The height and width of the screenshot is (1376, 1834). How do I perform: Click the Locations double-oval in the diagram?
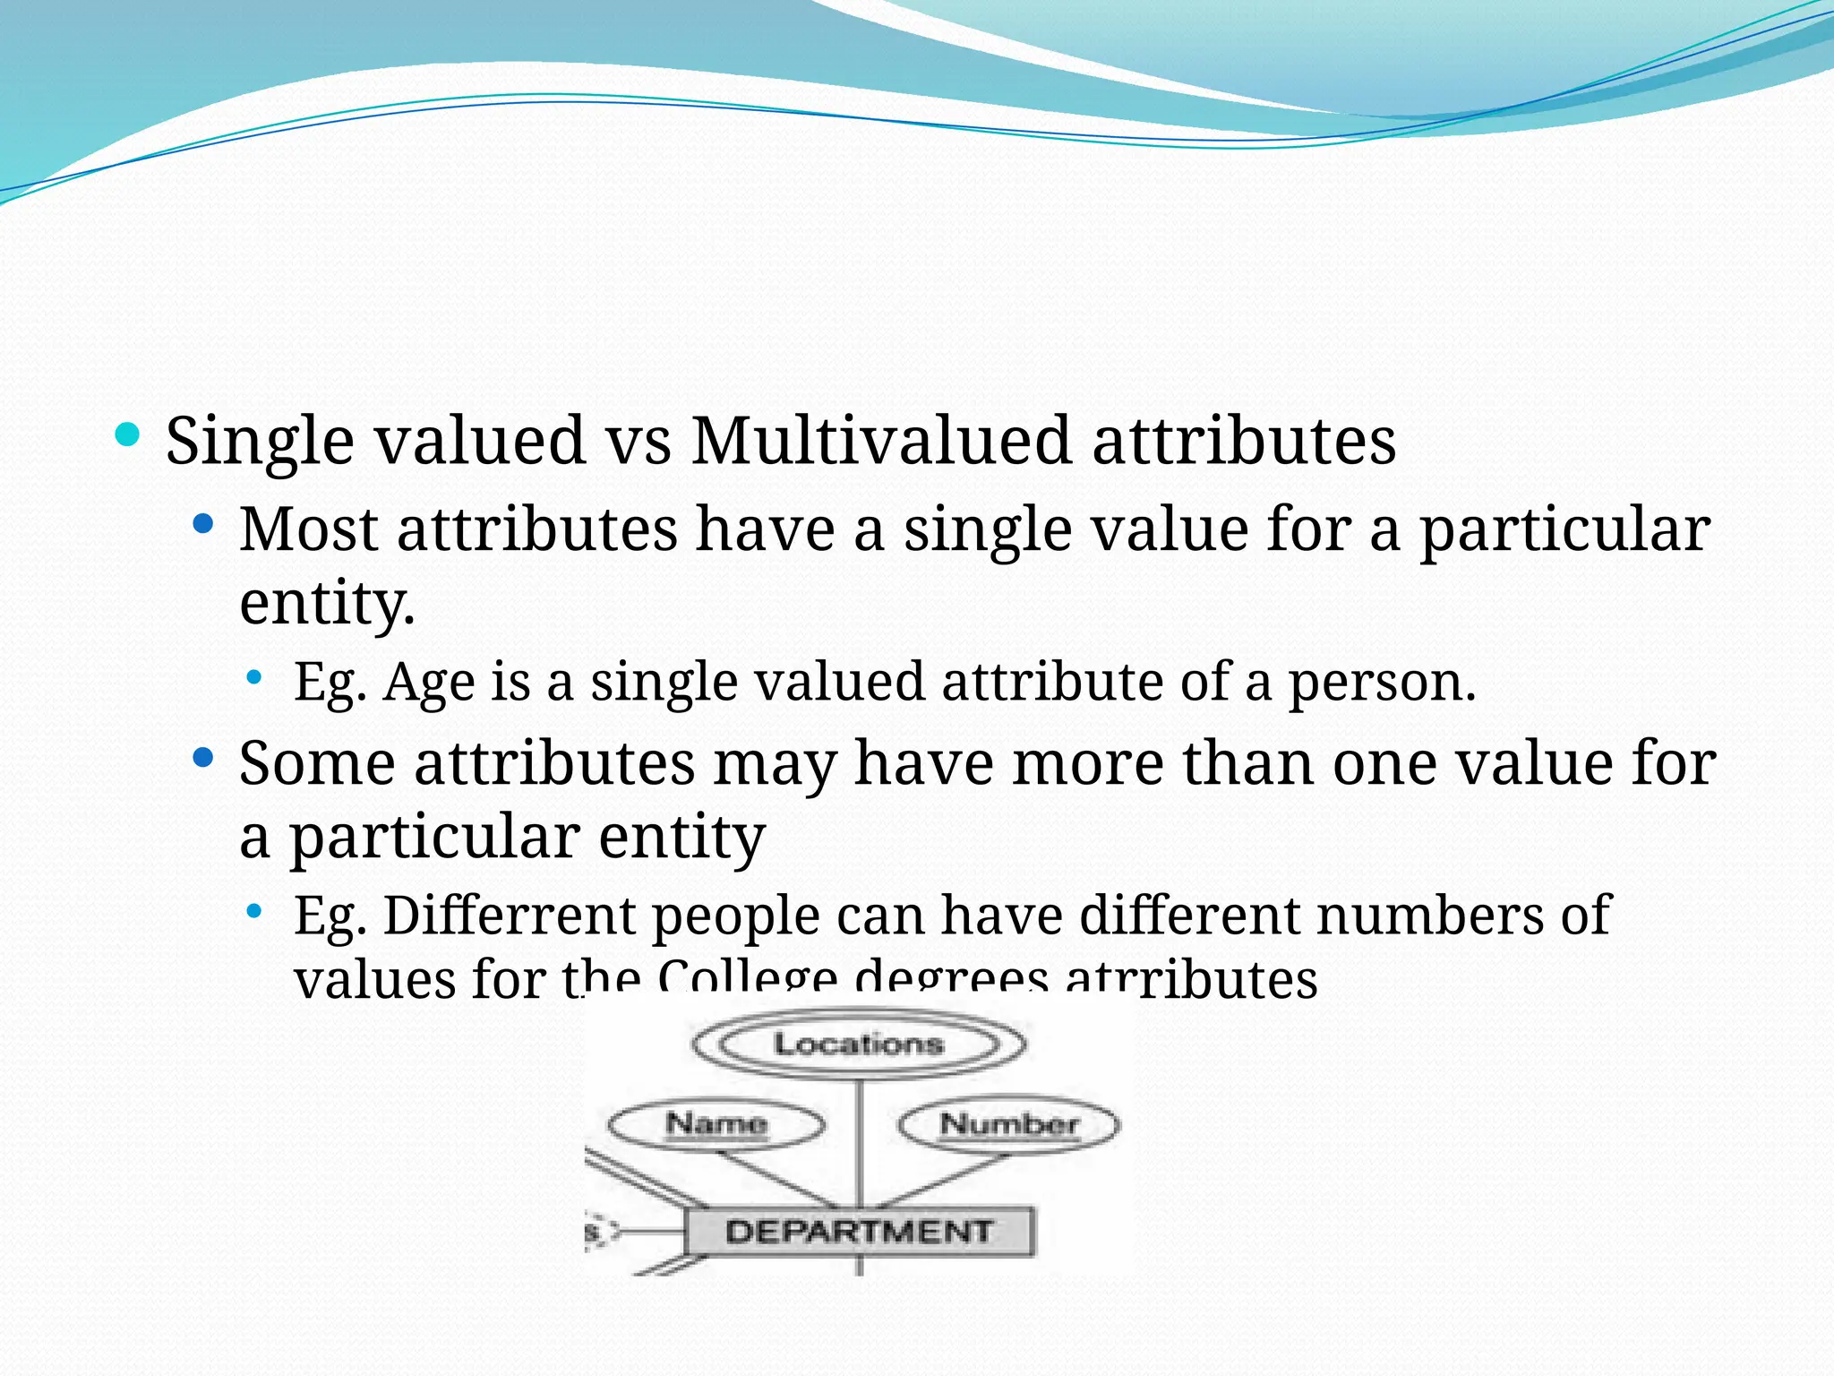point(859,1044)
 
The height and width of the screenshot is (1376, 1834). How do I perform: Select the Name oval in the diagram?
point(716,1123)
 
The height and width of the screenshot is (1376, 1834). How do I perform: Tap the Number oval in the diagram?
point(1008,1124)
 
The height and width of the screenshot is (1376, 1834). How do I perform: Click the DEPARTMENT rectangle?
point(859,1232)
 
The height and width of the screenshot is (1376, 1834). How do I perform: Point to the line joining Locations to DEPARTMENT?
point(860,1142)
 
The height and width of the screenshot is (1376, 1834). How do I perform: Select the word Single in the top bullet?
point(260,442)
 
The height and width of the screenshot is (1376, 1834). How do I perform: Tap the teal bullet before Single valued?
point(128,436)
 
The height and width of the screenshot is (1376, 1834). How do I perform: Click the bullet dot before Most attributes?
point(203,524)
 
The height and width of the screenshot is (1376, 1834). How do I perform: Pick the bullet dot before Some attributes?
point(203,759)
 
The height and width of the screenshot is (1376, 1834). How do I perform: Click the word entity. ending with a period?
point(327,603)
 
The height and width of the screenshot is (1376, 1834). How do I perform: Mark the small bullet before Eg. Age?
point(255,678)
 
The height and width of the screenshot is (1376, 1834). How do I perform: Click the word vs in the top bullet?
point(638,442)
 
